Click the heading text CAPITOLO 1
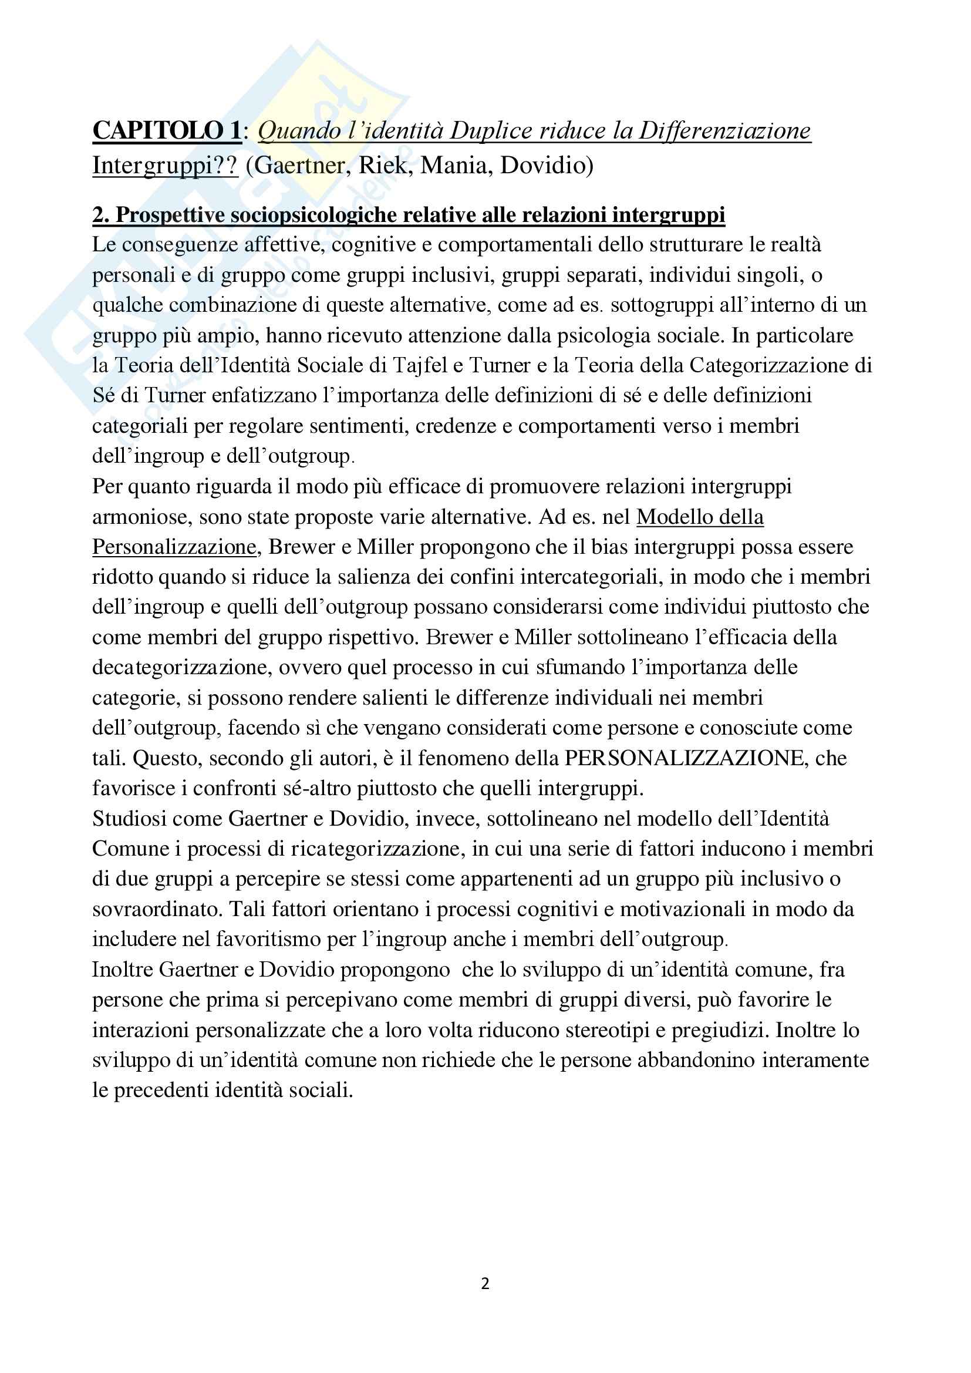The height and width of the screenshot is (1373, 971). point(167,130)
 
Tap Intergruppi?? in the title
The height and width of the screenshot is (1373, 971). point(165,165)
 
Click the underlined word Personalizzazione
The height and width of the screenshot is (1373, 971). point(174,547)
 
